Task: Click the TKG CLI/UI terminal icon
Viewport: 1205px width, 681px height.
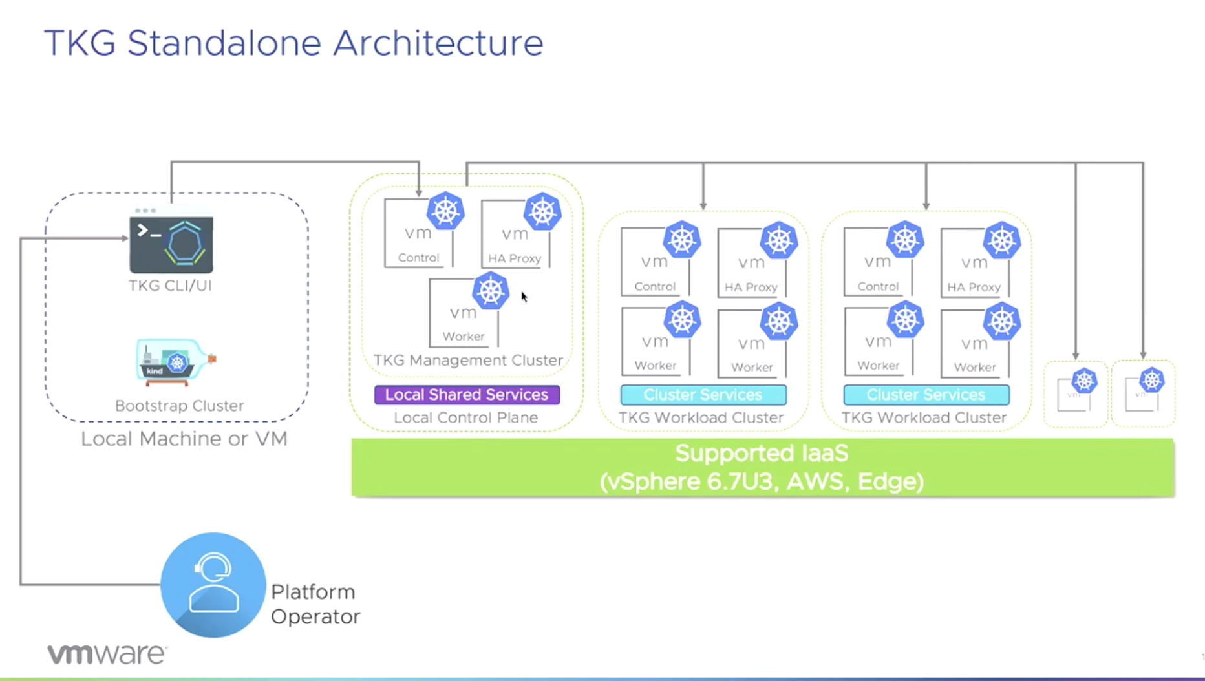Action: coord(171,244)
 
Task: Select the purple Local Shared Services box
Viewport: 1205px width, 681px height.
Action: coord(467,395)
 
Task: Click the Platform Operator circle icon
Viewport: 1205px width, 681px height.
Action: coord(213,585)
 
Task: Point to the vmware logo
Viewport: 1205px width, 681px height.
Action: coord(107,654)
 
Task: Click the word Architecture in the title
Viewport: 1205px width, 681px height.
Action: coord(438,43)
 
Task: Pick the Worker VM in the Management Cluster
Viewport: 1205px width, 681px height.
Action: coord(463,313)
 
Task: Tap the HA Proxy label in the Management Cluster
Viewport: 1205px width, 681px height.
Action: coord(515,258)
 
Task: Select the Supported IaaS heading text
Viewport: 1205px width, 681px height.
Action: coord(762,454)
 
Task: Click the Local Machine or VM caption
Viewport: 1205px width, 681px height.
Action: coord(184,439)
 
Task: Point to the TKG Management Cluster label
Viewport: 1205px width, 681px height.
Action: coord(468,360)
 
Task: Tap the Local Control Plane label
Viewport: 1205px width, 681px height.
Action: coord(465,417)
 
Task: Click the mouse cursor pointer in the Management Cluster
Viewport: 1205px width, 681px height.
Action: coord(524,297)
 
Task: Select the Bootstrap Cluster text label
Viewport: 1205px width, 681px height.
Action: coord(179,406)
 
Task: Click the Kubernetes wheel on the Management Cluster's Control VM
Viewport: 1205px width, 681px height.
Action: coord(445,211)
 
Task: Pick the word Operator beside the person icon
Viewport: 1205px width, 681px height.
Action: coord(315,616)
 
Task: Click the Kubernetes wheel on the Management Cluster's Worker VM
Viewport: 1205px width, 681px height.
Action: coord(491,291)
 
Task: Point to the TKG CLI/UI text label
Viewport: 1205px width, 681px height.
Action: coord(170,286)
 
